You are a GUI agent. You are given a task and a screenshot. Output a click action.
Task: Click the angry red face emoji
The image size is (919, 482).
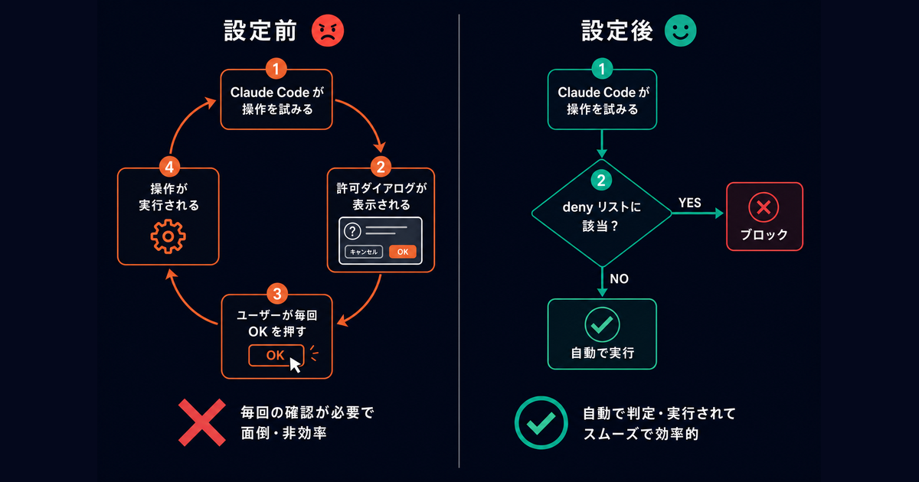click(x=328, y=31)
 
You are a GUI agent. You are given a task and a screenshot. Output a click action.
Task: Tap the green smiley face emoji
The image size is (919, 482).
click(x=679, y=31)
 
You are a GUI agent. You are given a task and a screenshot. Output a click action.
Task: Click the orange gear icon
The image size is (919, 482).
click(x=168, y=237)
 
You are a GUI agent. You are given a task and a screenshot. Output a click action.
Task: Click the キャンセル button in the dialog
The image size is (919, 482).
click(x=364, y=251)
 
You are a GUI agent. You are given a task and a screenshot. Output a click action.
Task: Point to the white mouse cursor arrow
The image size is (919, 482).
click(x=295, y=363)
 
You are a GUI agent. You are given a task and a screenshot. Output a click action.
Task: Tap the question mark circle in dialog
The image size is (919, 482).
click(x=353, y=231)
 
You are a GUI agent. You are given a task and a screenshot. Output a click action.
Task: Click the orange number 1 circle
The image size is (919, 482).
click(x=276, y=69)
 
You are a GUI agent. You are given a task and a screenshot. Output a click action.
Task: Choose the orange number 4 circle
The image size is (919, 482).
click(x=168, y=165)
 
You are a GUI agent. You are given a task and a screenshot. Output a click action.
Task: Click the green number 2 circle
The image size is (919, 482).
click(x=602, y=181)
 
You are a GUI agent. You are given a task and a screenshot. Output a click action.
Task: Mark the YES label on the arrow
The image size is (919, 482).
click(x=689, y=202)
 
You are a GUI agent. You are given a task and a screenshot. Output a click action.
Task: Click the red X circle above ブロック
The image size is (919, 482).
click(x=764, y=207)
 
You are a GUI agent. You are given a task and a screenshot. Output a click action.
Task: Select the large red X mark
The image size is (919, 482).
click(x=202, y=422)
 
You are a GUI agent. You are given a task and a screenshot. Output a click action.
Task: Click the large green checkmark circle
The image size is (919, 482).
click(x=541, y=422)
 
